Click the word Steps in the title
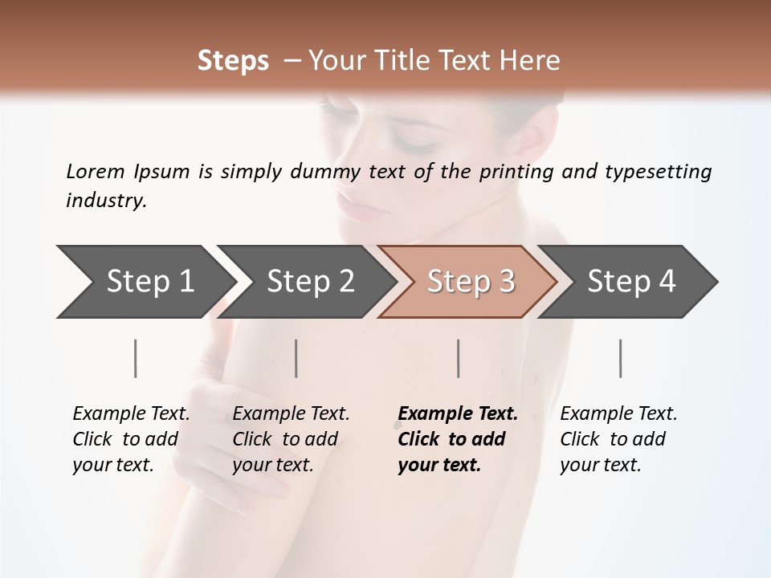coord(233,61)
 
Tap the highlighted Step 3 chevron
coord(471,281)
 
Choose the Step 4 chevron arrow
coord(631,281)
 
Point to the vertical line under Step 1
coord(136,358)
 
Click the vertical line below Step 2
coord(296,358)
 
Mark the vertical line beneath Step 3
coord(458,358)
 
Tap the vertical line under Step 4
coord(620,358)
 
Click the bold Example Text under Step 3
coord(458,438)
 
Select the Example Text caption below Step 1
coord(131,438)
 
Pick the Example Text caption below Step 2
coord(291,438)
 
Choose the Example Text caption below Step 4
coord(618,438)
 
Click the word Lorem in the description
coord(96,171)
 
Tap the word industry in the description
coord(106,201)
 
